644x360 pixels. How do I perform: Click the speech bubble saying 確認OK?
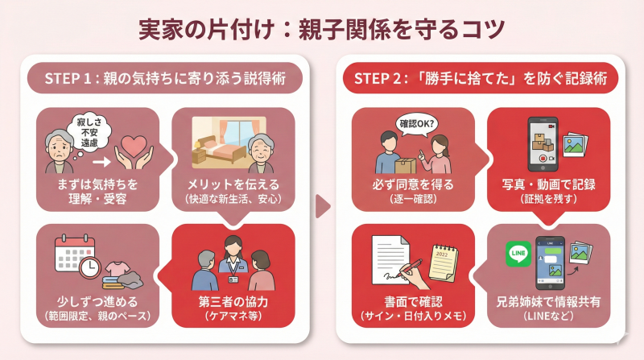pos(417,125)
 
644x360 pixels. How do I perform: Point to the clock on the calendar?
pos(90,266)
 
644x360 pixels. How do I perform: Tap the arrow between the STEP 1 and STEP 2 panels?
pos(322,205)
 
